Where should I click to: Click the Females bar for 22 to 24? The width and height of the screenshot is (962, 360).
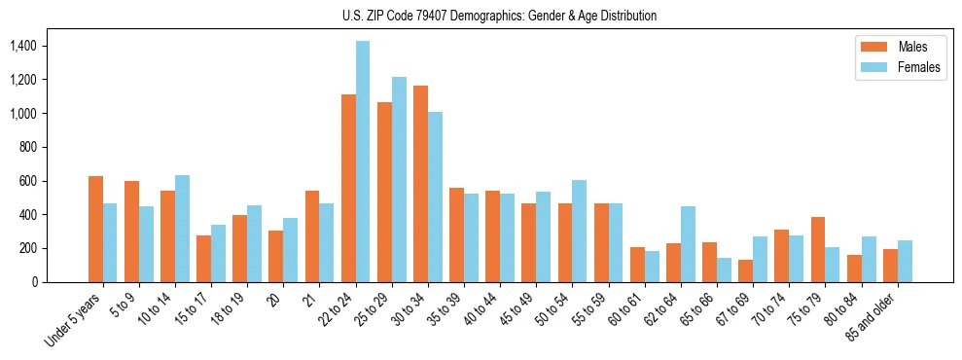[363, 162]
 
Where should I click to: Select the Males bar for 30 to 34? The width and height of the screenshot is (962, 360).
[420, 184]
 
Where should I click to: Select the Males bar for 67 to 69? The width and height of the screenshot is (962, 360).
[745, 270]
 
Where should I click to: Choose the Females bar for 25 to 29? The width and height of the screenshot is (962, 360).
[399, 179]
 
